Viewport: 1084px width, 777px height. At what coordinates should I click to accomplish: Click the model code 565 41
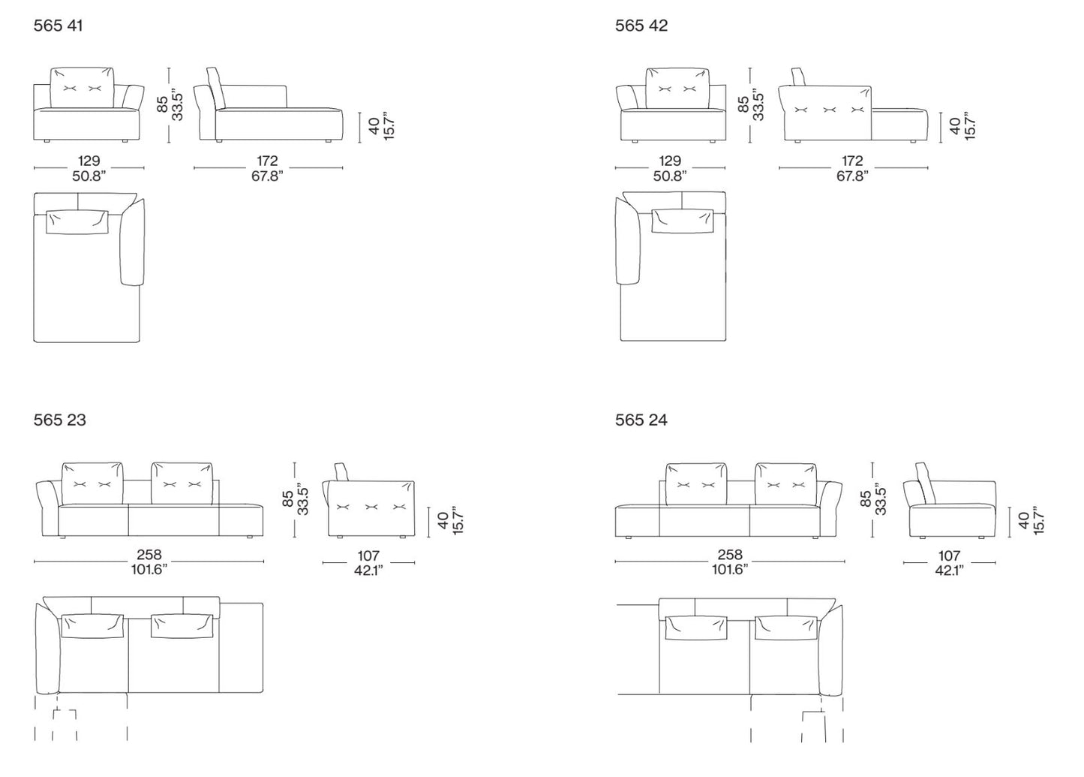[x=58, y=26]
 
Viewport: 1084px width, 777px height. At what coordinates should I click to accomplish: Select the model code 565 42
[x=641, y=26]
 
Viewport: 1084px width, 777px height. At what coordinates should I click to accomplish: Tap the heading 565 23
[x=59, y=420]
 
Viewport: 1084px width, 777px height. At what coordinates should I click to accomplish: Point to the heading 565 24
[x=641, y=420]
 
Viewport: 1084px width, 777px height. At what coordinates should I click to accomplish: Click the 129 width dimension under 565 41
[x=89, y=161]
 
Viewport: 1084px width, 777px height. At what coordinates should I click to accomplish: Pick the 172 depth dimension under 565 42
[x=852, y=161]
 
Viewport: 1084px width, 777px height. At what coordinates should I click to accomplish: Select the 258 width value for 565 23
[x=149, y=554]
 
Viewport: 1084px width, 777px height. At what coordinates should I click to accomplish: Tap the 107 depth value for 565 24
[x=949, y=555]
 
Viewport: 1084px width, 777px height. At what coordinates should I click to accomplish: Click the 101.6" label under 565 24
[x=730, y=569]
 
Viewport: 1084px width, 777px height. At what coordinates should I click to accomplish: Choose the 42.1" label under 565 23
[x=368, y=570]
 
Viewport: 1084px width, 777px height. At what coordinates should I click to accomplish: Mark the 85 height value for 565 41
[x=163, y=104]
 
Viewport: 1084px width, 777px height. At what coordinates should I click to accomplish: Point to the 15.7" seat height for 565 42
[x=970, y=126]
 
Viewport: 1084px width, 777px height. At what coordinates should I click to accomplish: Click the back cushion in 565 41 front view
[x=83, y=88]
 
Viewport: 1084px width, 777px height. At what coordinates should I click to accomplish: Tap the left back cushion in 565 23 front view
[x=92, y=483]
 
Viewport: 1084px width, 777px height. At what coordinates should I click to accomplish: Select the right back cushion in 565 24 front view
[x=785, y=484]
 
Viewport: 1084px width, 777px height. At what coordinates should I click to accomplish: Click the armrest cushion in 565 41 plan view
[x=132, y=242]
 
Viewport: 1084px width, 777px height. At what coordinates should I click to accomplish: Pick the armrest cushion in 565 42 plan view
[x=628, y=240]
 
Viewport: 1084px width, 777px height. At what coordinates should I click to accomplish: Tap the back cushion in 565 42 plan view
[x=683, y=221]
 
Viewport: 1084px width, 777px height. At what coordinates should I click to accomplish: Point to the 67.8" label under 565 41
[x=267, y=176]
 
